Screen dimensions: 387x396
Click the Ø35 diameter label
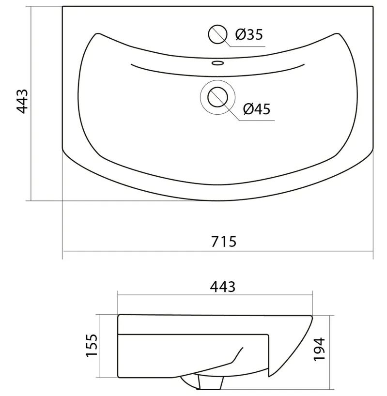(x=249, y=34)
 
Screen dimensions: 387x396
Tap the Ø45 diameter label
(x=257, y=109)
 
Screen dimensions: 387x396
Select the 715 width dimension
(x=224, y=242)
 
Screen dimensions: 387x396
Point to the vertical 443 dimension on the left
(x=22, y=101)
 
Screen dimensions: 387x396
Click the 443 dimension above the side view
(x=222, y=287)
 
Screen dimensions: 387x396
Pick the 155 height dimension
(x=92, y=345)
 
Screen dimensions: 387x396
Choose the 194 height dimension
(x=319, y=349)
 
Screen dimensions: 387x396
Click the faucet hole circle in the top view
(x=217, y=34)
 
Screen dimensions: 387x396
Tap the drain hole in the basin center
(x=217, y=97)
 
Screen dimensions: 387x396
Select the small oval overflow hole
(x=217, y=62)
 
